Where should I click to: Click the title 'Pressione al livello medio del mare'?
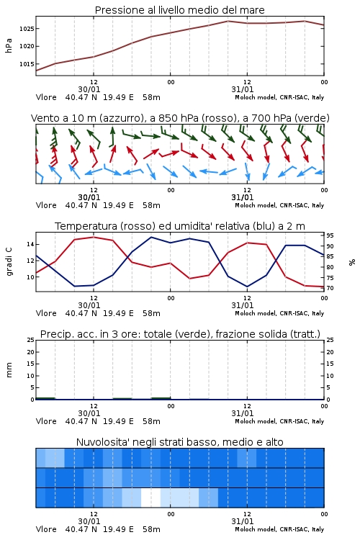tap(179, 10)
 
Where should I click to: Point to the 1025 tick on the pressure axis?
tap(27, 29)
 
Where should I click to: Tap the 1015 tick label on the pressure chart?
tap(27, 64)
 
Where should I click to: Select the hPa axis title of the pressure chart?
tap(9, 45)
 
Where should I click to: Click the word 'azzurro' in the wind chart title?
tap(120, 118)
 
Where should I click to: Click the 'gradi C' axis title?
tap(9, 261)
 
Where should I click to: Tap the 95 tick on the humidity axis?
tap(330, 235)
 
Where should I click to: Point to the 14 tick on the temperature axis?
tap(30, 245)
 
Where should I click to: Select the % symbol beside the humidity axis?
tap(352, 262)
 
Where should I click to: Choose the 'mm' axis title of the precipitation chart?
tap(9, 370)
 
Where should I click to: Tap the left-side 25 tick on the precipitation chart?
tap(30, 340)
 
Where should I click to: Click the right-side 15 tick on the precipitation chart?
tap(330, 364)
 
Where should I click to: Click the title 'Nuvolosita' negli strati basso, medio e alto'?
tap(179, 442)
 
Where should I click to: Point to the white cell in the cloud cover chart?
tap(151, 498)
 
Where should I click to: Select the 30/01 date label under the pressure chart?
tap(89, 89)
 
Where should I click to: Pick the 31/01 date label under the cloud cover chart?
tap(242, 521)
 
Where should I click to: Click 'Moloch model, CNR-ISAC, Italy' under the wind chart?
tap(279, 205)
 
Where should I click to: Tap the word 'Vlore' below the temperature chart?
tap(46, 313)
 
